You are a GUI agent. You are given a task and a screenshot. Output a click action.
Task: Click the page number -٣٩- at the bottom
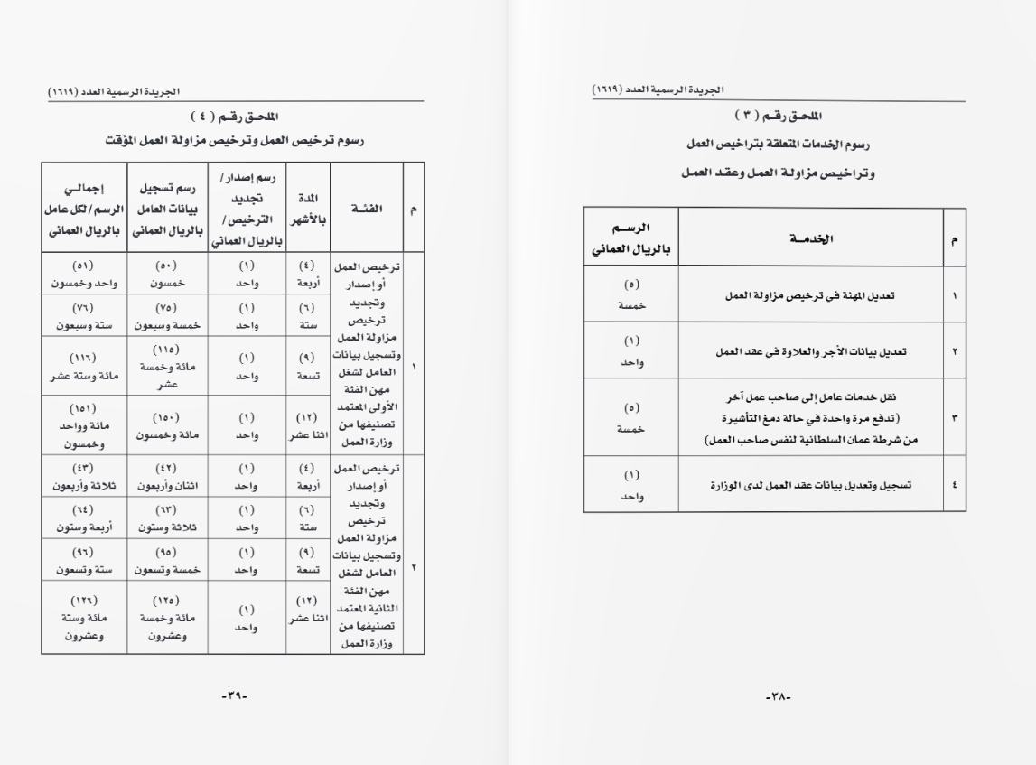point(234,696)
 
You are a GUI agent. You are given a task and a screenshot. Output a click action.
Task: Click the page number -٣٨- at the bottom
point(778,696)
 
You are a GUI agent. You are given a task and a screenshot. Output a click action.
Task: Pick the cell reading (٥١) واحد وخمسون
point(84,274)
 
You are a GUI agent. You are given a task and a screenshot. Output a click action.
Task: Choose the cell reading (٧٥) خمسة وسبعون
point(167,315)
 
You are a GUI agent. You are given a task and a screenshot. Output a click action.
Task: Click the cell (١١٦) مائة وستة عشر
point(84,369)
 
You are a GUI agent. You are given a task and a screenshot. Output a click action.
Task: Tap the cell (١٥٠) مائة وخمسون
point(167,426)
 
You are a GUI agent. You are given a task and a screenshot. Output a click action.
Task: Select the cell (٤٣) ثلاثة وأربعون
point(84,478)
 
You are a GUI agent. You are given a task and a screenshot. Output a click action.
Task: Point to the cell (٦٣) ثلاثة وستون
point(167,518)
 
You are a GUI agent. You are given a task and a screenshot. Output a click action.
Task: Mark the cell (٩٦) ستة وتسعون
point(84,561)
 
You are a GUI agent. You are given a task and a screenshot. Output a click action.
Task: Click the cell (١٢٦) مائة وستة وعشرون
point(84,618)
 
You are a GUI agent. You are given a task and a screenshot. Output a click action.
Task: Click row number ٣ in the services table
point(955,418)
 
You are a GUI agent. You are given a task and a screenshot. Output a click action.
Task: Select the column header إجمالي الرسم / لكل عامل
point(84,209)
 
